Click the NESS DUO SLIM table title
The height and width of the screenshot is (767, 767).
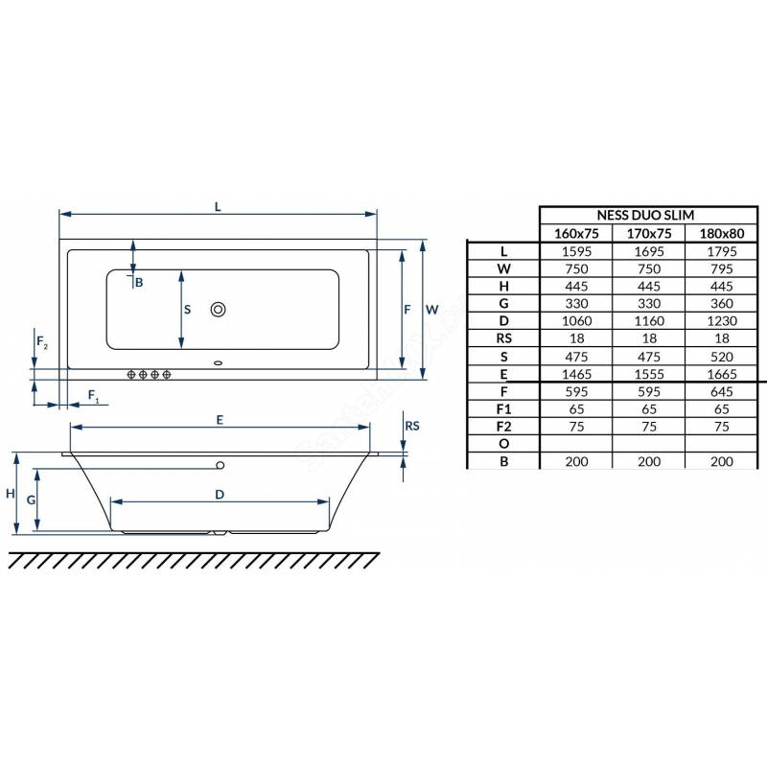click(645, 215)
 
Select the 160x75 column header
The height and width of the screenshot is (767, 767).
click(576, 233)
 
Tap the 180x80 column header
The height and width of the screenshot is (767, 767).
click(722, 233)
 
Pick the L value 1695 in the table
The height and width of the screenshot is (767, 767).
click(649, 251)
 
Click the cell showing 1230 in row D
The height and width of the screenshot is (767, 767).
click(722, 321)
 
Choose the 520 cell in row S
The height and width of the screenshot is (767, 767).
click(722, 357)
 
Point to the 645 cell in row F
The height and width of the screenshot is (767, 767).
click(722, 392)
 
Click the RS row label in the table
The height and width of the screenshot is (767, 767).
click(504, 338)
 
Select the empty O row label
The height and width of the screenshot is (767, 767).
click(504, 444)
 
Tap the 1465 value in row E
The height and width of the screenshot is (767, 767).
click(576, 374)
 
